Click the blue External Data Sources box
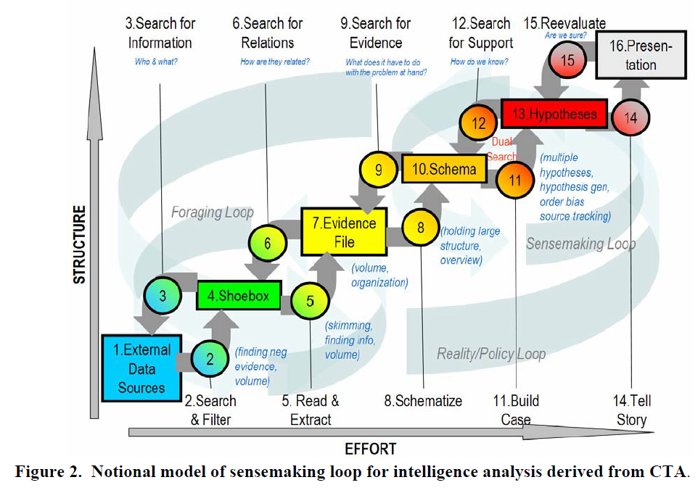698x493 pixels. pos(141,368)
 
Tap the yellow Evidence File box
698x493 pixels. pos(344,231)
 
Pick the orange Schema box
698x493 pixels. pos(444,169)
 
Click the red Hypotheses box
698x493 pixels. pos(554,114)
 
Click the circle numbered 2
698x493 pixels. pos(210,358)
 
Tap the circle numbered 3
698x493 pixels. pos(163,296)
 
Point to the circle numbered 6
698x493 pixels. pos(268,244)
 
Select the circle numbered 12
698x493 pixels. pos(479,123)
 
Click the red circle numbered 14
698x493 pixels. pos(631,118)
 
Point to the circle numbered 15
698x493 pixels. pos(567,60)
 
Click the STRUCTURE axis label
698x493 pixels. pos(79,244)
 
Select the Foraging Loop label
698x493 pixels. pos(213,212)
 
